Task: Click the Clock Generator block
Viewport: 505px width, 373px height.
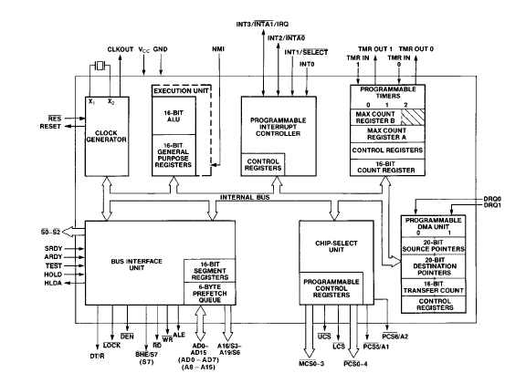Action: [107, 136]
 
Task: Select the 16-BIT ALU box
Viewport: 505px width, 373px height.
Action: [174, 116]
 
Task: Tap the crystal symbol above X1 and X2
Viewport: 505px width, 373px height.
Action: [100, 67]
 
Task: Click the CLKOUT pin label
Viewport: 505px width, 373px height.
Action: [121, 49]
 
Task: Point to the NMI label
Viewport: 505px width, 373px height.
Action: [218, 49]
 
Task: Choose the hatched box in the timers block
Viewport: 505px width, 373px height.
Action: [413, 117]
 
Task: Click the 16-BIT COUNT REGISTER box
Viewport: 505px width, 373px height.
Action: [387, 167]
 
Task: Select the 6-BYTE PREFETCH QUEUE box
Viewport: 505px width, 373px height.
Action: [210, 294]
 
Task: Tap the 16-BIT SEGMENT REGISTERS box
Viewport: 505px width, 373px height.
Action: [210, 271]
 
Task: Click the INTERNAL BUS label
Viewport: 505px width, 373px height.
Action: [245, 197]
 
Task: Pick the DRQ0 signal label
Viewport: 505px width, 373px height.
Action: [492, 199]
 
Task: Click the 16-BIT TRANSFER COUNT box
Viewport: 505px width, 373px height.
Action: [434, 287]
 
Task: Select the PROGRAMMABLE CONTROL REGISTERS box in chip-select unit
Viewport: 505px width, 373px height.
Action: [331, 288]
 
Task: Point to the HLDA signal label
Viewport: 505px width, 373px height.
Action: [53, 283]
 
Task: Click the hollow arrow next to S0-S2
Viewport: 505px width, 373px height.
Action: [73, 232]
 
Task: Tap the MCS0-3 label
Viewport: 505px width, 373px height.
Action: [311, 363]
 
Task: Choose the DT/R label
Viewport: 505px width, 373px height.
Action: [97, 356]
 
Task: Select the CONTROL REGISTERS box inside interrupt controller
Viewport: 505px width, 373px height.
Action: [263, 165]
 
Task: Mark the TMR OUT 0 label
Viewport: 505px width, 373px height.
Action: [416, 49]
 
